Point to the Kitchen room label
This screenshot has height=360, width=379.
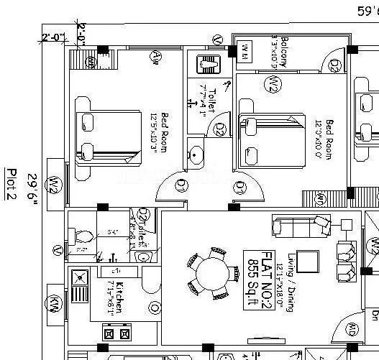pyautogui.click(x=119, y=297)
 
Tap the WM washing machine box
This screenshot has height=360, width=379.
pyautogui.click(x=245, y=50)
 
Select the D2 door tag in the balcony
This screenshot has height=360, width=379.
pyautogui.click(x=335, y=66)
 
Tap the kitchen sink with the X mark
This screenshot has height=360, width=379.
pyautogui.click(x=78, y=275)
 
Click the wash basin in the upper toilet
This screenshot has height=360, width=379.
pyautogui.click(x=195, y=154)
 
